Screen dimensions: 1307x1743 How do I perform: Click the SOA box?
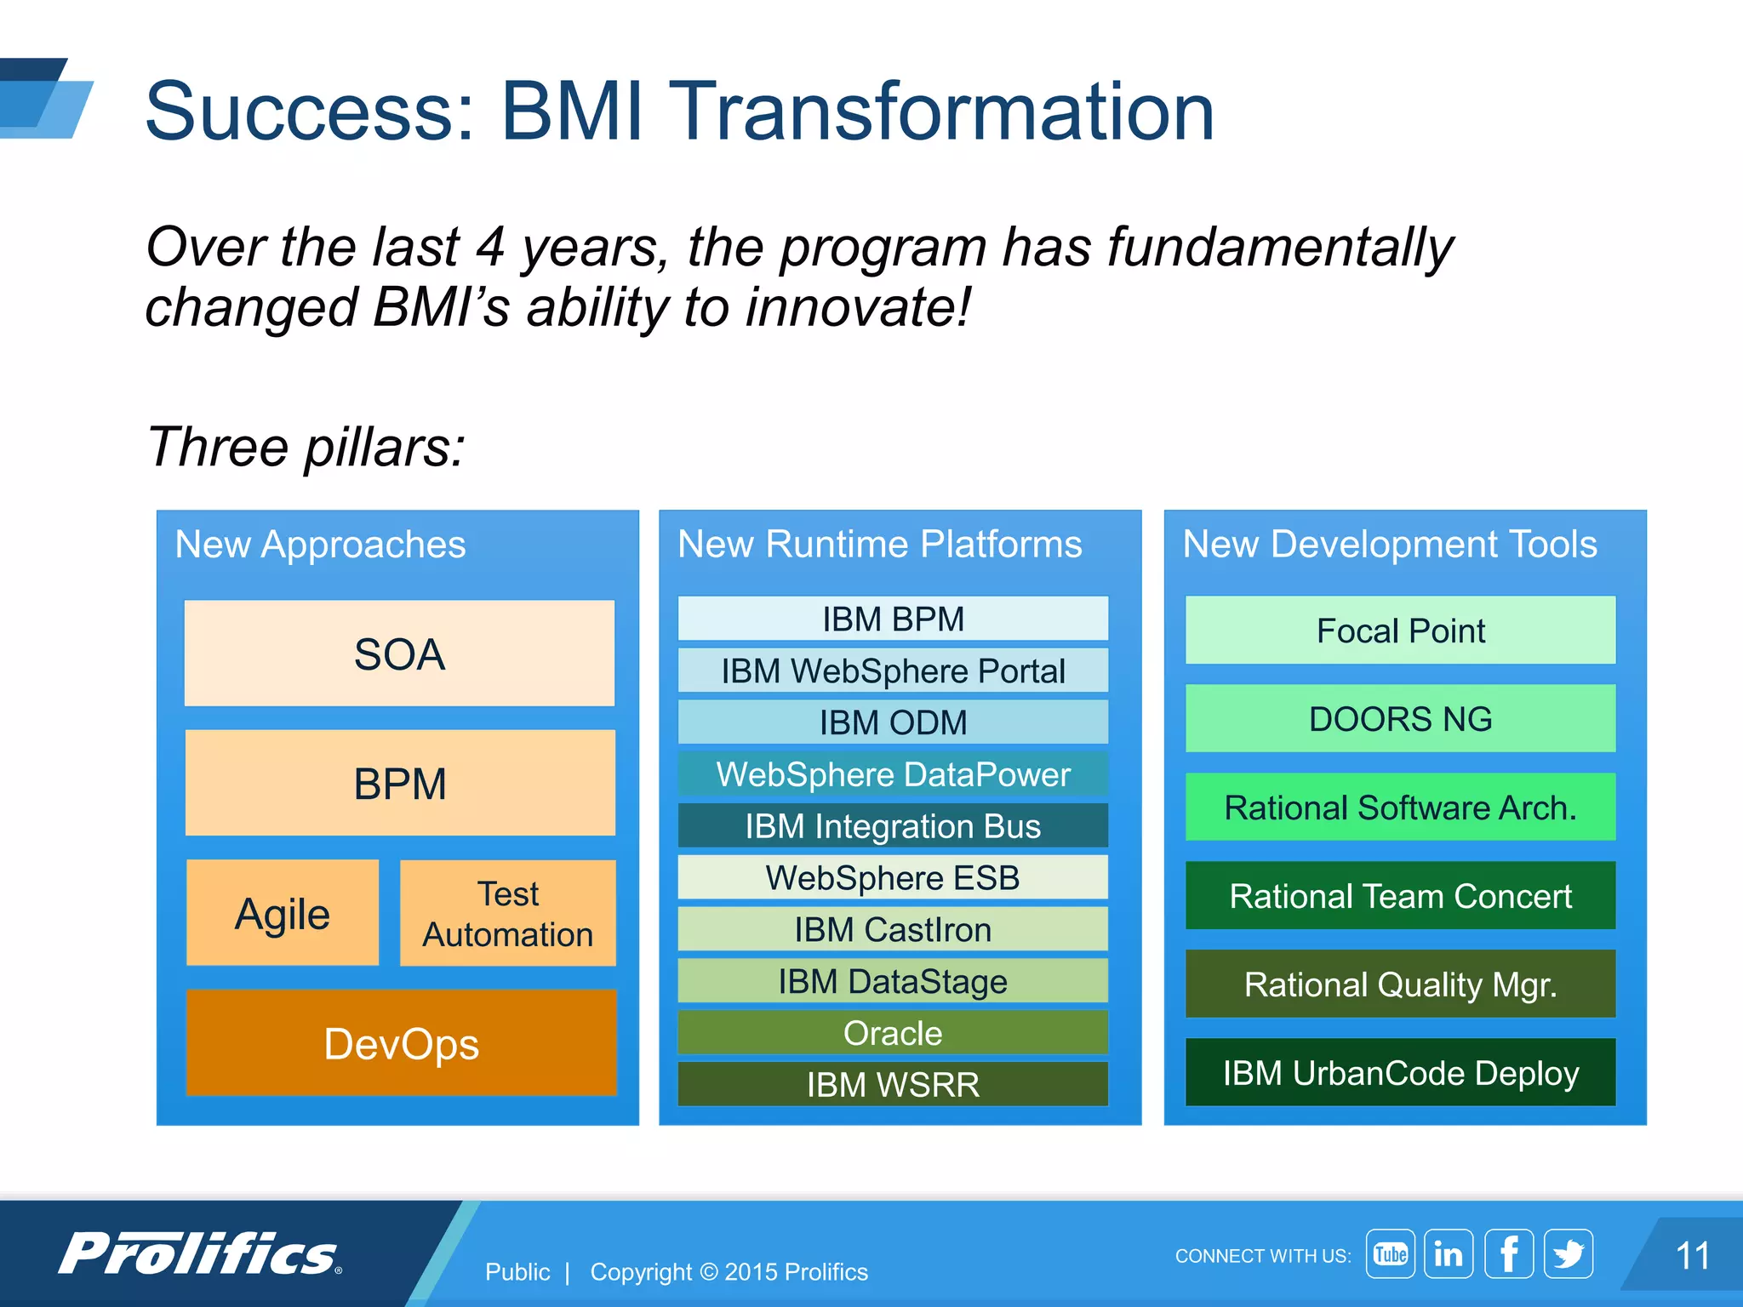399,653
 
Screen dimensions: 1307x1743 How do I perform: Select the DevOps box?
401,1042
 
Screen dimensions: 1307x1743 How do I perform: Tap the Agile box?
283,913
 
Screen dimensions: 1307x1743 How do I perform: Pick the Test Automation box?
508,913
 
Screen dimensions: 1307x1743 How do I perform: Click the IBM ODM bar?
893,722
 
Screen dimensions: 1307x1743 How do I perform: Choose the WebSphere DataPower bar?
893,774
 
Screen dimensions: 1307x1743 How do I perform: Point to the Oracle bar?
893,1033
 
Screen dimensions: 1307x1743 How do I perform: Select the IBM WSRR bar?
893,1084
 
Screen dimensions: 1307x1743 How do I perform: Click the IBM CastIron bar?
893,929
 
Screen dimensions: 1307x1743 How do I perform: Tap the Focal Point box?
1400,631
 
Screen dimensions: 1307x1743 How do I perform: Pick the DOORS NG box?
1400,719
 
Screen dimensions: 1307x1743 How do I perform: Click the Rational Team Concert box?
1400,896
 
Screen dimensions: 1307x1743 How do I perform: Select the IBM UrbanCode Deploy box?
1400,1072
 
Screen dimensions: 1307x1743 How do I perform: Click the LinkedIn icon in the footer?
1449,1253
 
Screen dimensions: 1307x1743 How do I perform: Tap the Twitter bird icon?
1569,1253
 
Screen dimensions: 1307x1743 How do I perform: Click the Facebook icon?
1509,1253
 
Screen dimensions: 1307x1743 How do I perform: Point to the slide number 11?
1692,1256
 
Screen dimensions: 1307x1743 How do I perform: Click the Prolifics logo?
201,1253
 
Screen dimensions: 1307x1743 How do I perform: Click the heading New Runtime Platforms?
879,545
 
